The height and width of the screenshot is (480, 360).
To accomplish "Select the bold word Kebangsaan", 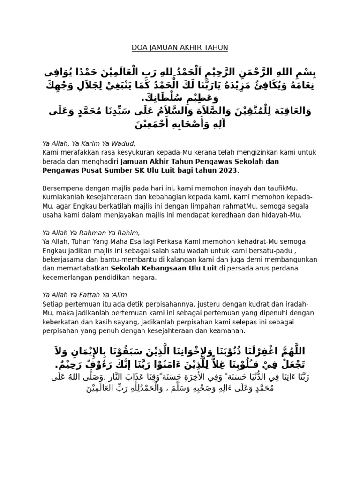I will pos(161,269).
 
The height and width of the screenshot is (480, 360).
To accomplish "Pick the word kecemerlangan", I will pos(68,277).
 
